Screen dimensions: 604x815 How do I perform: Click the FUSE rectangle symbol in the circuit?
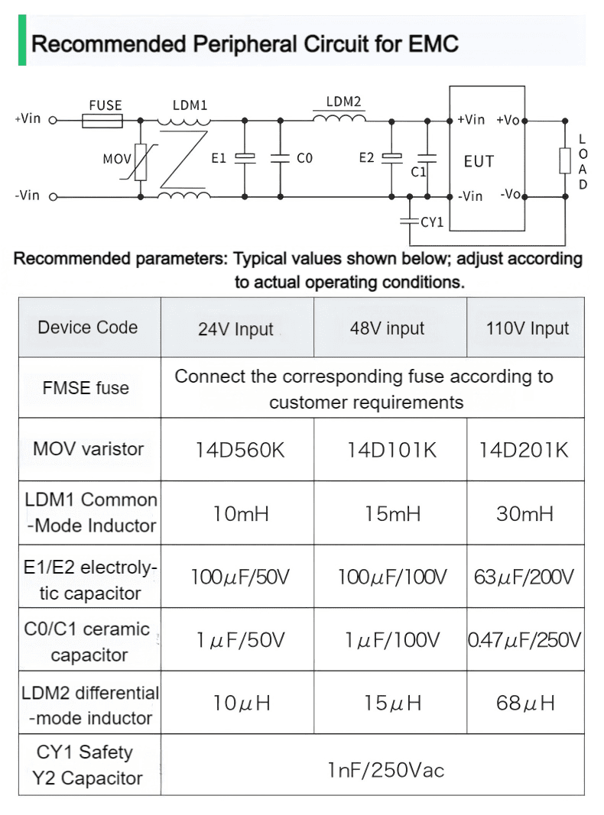102,121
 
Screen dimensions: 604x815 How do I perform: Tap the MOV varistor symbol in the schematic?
140,162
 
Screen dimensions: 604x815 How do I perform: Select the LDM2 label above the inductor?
343,102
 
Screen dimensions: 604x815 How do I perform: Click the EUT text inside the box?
479,161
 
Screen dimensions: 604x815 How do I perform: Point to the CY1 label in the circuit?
432,222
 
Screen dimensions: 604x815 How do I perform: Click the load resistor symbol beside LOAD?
565,160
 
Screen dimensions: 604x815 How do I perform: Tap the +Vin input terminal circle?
53,121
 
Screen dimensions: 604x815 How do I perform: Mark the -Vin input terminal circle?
53,197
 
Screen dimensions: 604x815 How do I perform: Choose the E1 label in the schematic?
219,158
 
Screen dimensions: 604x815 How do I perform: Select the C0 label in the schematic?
304,158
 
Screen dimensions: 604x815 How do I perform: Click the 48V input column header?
387,328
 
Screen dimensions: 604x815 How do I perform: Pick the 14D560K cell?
240,450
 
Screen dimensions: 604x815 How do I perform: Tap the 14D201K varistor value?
524,450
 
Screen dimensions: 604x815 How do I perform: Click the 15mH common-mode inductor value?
392,513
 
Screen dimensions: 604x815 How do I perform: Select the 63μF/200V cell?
524,577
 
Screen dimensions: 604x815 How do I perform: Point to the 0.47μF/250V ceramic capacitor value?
524,640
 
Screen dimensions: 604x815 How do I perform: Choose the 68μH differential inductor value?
525,703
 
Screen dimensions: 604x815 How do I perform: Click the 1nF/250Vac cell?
386,770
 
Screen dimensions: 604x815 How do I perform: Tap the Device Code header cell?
88,328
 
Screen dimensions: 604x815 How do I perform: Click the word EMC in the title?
434,44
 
